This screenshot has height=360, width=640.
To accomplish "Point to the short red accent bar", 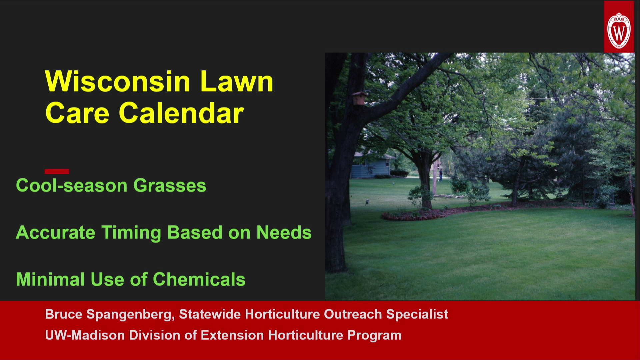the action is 57,171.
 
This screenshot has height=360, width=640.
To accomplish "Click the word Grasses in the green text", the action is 170,185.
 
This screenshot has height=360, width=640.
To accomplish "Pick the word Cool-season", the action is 72,185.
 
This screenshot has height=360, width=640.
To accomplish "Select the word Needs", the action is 284,232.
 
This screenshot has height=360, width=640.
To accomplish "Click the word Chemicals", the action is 199,279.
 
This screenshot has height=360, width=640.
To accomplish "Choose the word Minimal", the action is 50,279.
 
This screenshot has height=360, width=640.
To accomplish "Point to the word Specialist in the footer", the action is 417,314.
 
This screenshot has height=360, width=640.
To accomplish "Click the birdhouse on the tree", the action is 359,98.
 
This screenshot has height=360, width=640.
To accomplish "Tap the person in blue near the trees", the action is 440,175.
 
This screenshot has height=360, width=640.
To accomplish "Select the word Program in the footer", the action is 374,335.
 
